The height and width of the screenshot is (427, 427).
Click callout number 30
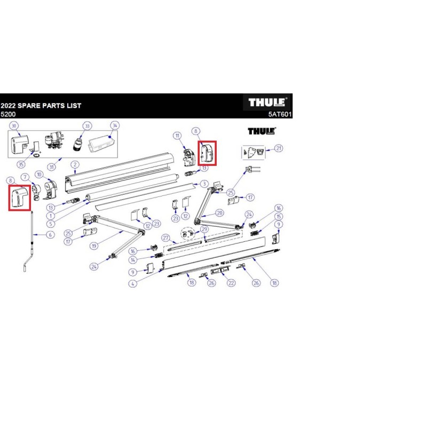coord(14,126)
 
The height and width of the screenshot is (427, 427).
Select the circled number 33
coord(86,126)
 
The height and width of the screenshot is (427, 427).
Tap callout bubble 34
coord(114,126)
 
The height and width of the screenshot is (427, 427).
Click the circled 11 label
coord(177,136)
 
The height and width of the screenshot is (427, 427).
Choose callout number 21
coord(278,148)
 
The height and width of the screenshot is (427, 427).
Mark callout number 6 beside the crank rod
coord(50,235)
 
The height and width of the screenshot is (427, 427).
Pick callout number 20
coord(219,212)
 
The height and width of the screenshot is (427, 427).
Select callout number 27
coord(166,238)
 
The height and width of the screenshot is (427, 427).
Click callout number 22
coord(231,283)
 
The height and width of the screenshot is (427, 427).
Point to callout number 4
coord(132,283)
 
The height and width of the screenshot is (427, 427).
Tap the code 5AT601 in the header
coord(280,114)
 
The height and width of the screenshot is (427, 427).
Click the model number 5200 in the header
coord(8,114)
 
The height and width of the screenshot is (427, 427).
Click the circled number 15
coord(278,216)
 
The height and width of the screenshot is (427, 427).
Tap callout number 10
coord(39,175)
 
